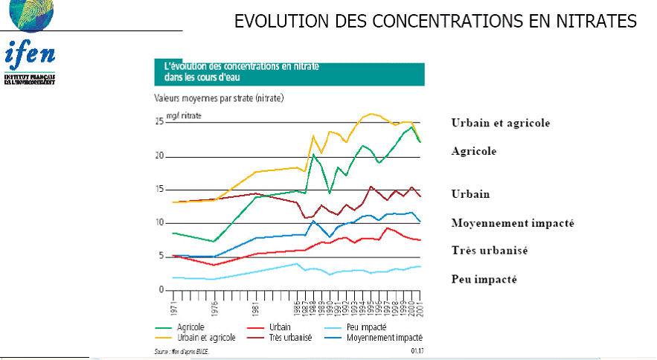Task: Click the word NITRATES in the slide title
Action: click(592, 22)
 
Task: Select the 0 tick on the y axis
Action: click(160, 290)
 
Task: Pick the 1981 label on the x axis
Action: click(255, 305)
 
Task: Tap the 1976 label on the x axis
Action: click(214, 305)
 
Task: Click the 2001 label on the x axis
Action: click(421, 305)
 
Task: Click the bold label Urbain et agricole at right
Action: click(500, 123)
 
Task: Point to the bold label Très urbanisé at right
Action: click(489, 251)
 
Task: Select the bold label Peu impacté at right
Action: click(484, 279)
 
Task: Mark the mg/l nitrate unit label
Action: click(184, 115)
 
